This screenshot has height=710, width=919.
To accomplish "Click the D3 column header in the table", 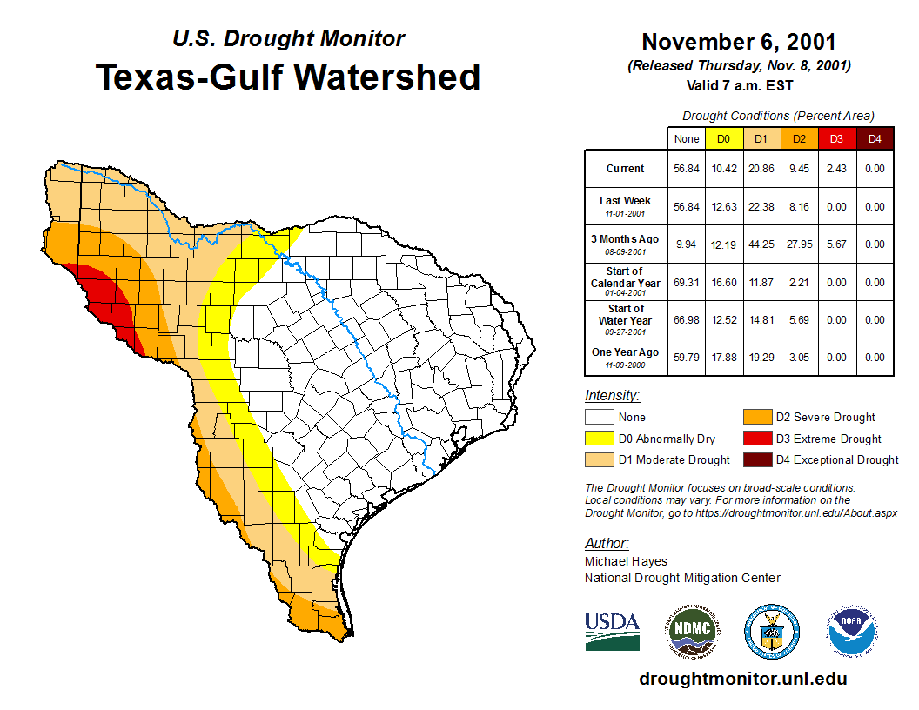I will click(836, 138).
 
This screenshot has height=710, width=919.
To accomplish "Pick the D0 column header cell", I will click(723, 138).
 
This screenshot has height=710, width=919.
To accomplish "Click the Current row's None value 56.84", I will click(687, 169).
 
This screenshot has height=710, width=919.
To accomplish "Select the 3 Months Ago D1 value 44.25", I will click(761, 244).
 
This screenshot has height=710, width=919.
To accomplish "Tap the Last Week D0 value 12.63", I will click(723, 207).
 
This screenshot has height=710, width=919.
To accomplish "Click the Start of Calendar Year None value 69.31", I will click(687, 283).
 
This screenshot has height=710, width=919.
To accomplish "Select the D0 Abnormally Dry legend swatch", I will click(599, 439).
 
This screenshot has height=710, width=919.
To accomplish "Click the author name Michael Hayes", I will click(626, 561).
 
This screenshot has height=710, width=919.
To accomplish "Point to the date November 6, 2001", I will click(739, 43).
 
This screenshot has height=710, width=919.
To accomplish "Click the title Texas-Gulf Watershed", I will click(288, 77).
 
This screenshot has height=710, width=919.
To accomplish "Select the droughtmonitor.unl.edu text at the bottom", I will click(742, 679).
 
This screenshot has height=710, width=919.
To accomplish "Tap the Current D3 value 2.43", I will click(836, 169).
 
